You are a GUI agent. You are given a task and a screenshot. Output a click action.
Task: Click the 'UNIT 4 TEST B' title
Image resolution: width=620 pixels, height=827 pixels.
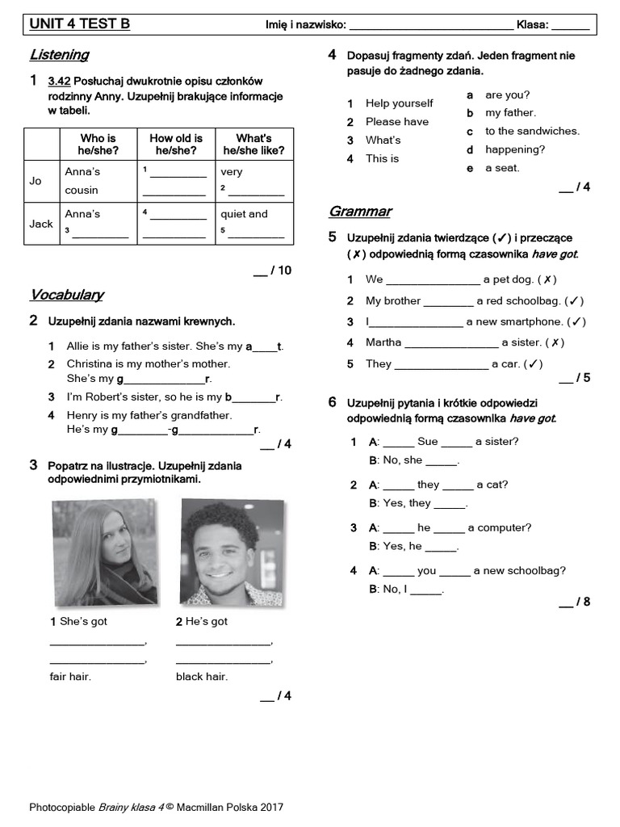79,24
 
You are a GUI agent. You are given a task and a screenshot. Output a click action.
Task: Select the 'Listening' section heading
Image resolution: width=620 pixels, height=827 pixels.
59,55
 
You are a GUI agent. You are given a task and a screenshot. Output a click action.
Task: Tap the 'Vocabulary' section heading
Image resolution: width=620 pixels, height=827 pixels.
66,295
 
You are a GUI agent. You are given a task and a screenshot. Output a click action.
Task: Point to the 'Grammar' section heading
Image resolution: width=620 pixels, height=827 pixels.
360,212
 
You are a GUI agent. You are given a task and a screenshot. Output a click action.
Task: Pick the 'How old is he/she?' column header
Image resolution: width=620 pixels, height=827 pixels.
176,145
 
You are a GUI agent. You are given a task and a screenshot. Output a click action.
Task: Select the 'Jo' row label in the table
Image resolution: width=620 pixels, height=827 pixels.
36,181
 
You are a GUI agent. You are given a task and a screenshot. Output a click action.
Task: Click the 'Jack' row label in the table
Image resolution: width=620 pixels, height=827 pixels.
41,224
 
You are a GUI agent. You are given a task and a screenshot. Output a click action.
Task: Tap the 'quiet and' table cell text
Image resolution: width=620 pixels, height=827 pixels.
244,214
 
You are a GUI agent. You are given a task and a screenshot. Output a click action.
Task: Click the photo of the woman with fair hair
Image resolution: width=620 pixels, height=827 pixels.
105,552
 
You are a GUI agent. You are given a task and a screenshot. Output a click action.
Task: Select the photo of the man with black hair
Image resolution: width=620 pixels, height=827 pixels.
231,552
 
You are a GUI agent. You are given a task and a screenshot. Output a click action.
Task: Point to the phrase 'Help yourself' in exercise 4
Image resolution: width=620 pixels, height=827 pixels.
399,103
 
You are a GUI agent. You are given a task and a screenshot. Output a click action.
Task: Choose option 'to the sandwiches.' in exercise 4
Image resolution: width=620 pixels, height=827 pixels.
532,131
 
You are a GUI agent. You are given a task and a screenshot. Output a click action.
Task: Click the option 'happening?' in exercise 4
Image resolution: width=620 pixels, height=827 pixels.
515,149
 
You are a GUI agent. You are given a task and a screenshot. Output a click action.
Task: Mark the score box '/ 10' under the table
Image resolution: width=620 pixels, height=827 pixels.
272,271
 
